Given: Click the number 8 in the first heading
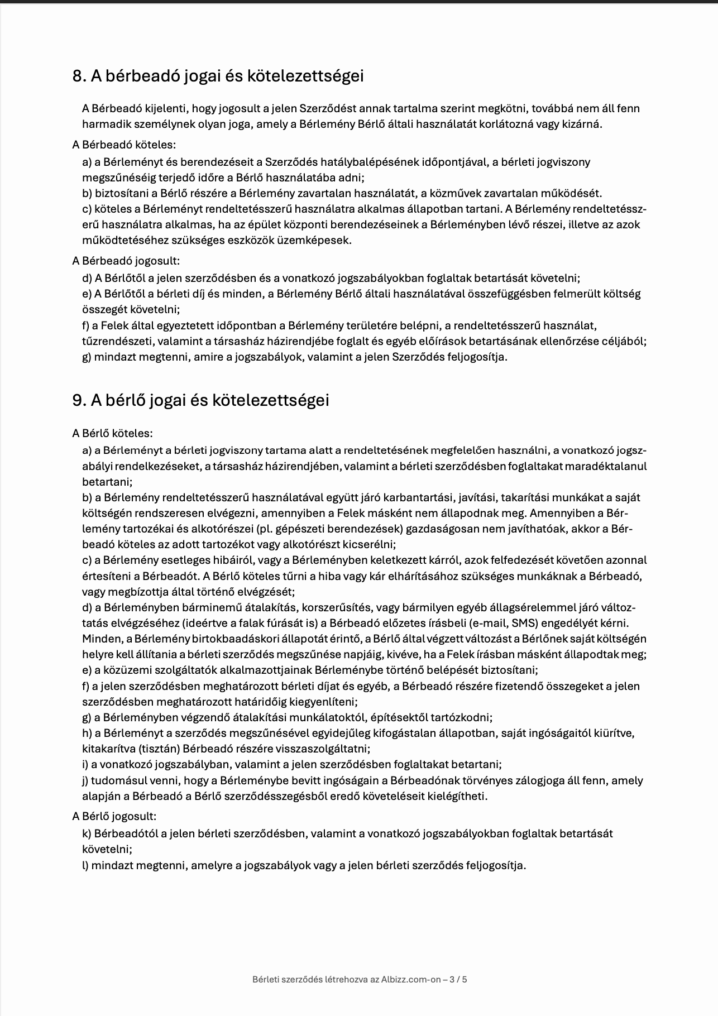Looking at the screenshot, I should pos(78,76).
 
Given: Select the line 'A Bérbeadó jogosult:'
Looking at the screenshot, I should pos(126,261).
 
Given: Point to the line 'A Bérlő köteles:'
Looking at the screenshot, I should pos(112,433).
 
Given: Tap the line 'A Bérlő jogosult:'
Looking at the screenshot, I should pos(114,816).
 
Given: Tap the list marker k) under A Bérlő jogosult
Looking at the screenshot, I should pos(87,833).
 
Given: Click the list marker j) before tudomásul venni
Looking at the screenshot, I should pos(85,780).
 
